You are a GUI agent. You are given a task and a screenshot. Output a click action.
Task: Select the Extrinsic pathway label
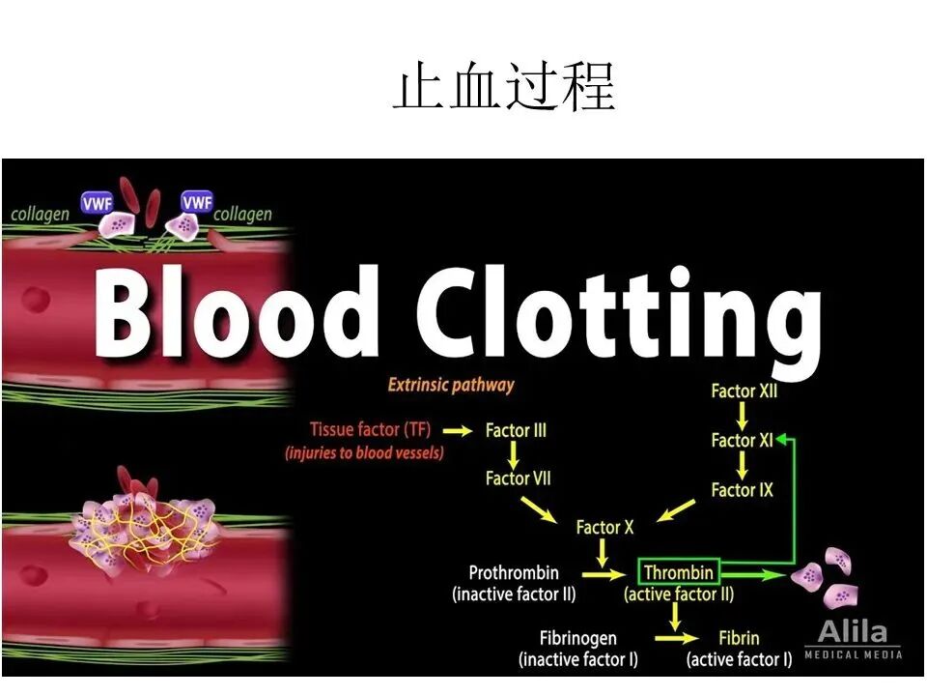tap(451, 386)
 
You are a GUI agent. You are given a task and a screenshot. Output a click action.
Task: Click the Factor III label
tap(516, 430)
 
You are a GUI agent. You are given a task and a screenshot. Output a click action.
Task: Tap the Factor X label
tap(604, 527)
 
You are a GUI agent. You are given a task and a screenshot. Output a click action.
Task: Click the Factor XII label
tap(744, 391)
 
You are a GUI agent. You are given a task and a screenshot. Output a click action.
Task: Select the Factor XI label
tap(742, 441)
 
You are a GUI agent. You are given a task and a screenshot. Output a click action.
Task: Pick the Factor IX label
tap(742, 490)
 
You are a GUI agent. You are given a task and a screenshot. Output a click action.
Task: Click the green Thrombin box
tap(678, 572)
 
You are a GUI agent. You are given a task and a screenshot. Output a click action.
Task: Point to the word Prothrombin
tap(514, 572)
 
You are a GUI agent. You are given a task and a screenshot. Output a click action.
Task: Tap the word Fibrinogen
tap(578, 639)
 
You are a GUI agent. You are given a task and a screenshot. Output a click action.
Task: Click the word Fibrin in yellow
tap(739, 639)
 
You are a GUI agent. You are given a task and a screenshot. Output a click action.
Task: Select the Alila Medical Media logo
tap(854, 639)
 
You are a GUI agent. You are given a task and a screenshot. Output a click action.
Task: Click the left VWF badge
tap(97, 202)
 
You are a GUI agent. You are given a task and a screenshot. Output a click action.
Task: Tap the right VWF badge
tap(197, 202)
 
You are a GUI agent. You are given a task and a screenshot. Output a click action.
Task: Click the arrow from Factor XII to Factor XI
tap(743, 417)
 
